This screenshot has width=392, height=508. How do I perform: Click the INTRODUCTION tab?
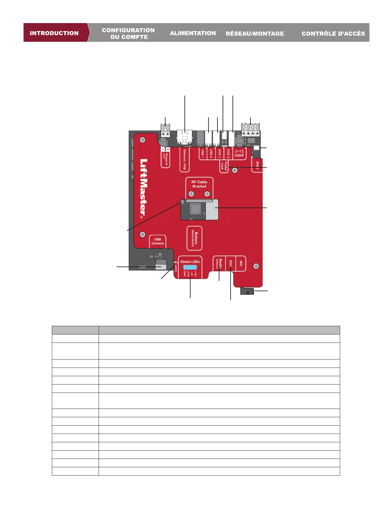pos(54,33)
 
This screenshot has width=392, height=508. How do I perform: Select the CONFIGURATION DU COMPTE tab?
pos(128,33)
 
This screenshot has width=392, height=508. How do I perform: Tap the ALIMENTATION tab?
pos(192,33)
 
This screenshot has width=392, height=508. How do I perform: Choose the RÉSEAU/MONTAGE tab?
pos(255,33)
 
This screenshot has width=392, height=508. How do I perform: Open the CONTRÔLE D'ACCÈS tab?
pos(333,33)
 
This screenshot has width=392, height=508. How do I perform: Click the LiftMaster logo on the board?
pos(144,187)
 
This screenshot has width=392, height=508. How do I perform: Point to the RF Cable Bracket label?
pos(199,184)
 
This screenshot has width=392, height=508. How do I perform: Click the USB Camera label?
pos(158,241)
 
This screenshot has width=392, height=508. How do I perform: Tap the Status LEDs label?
pos(190,262)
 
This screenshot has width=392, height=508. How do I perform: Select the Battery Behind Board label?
pos(194,239)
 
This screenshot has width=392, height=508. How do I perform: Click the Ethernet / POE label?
pos(184,159)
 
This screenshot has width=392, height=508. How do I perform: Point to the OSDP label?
pos(239,155)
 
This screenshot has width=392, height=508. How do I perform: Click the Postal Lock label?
pos(224,166)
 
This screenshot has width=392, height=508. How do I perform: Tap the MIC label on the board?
pos(241,264)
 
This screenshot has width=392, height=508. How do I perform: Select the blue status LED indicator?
pos(190,267)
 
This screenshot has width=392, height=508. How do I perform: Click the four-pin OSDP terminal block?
pos(250,130)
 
